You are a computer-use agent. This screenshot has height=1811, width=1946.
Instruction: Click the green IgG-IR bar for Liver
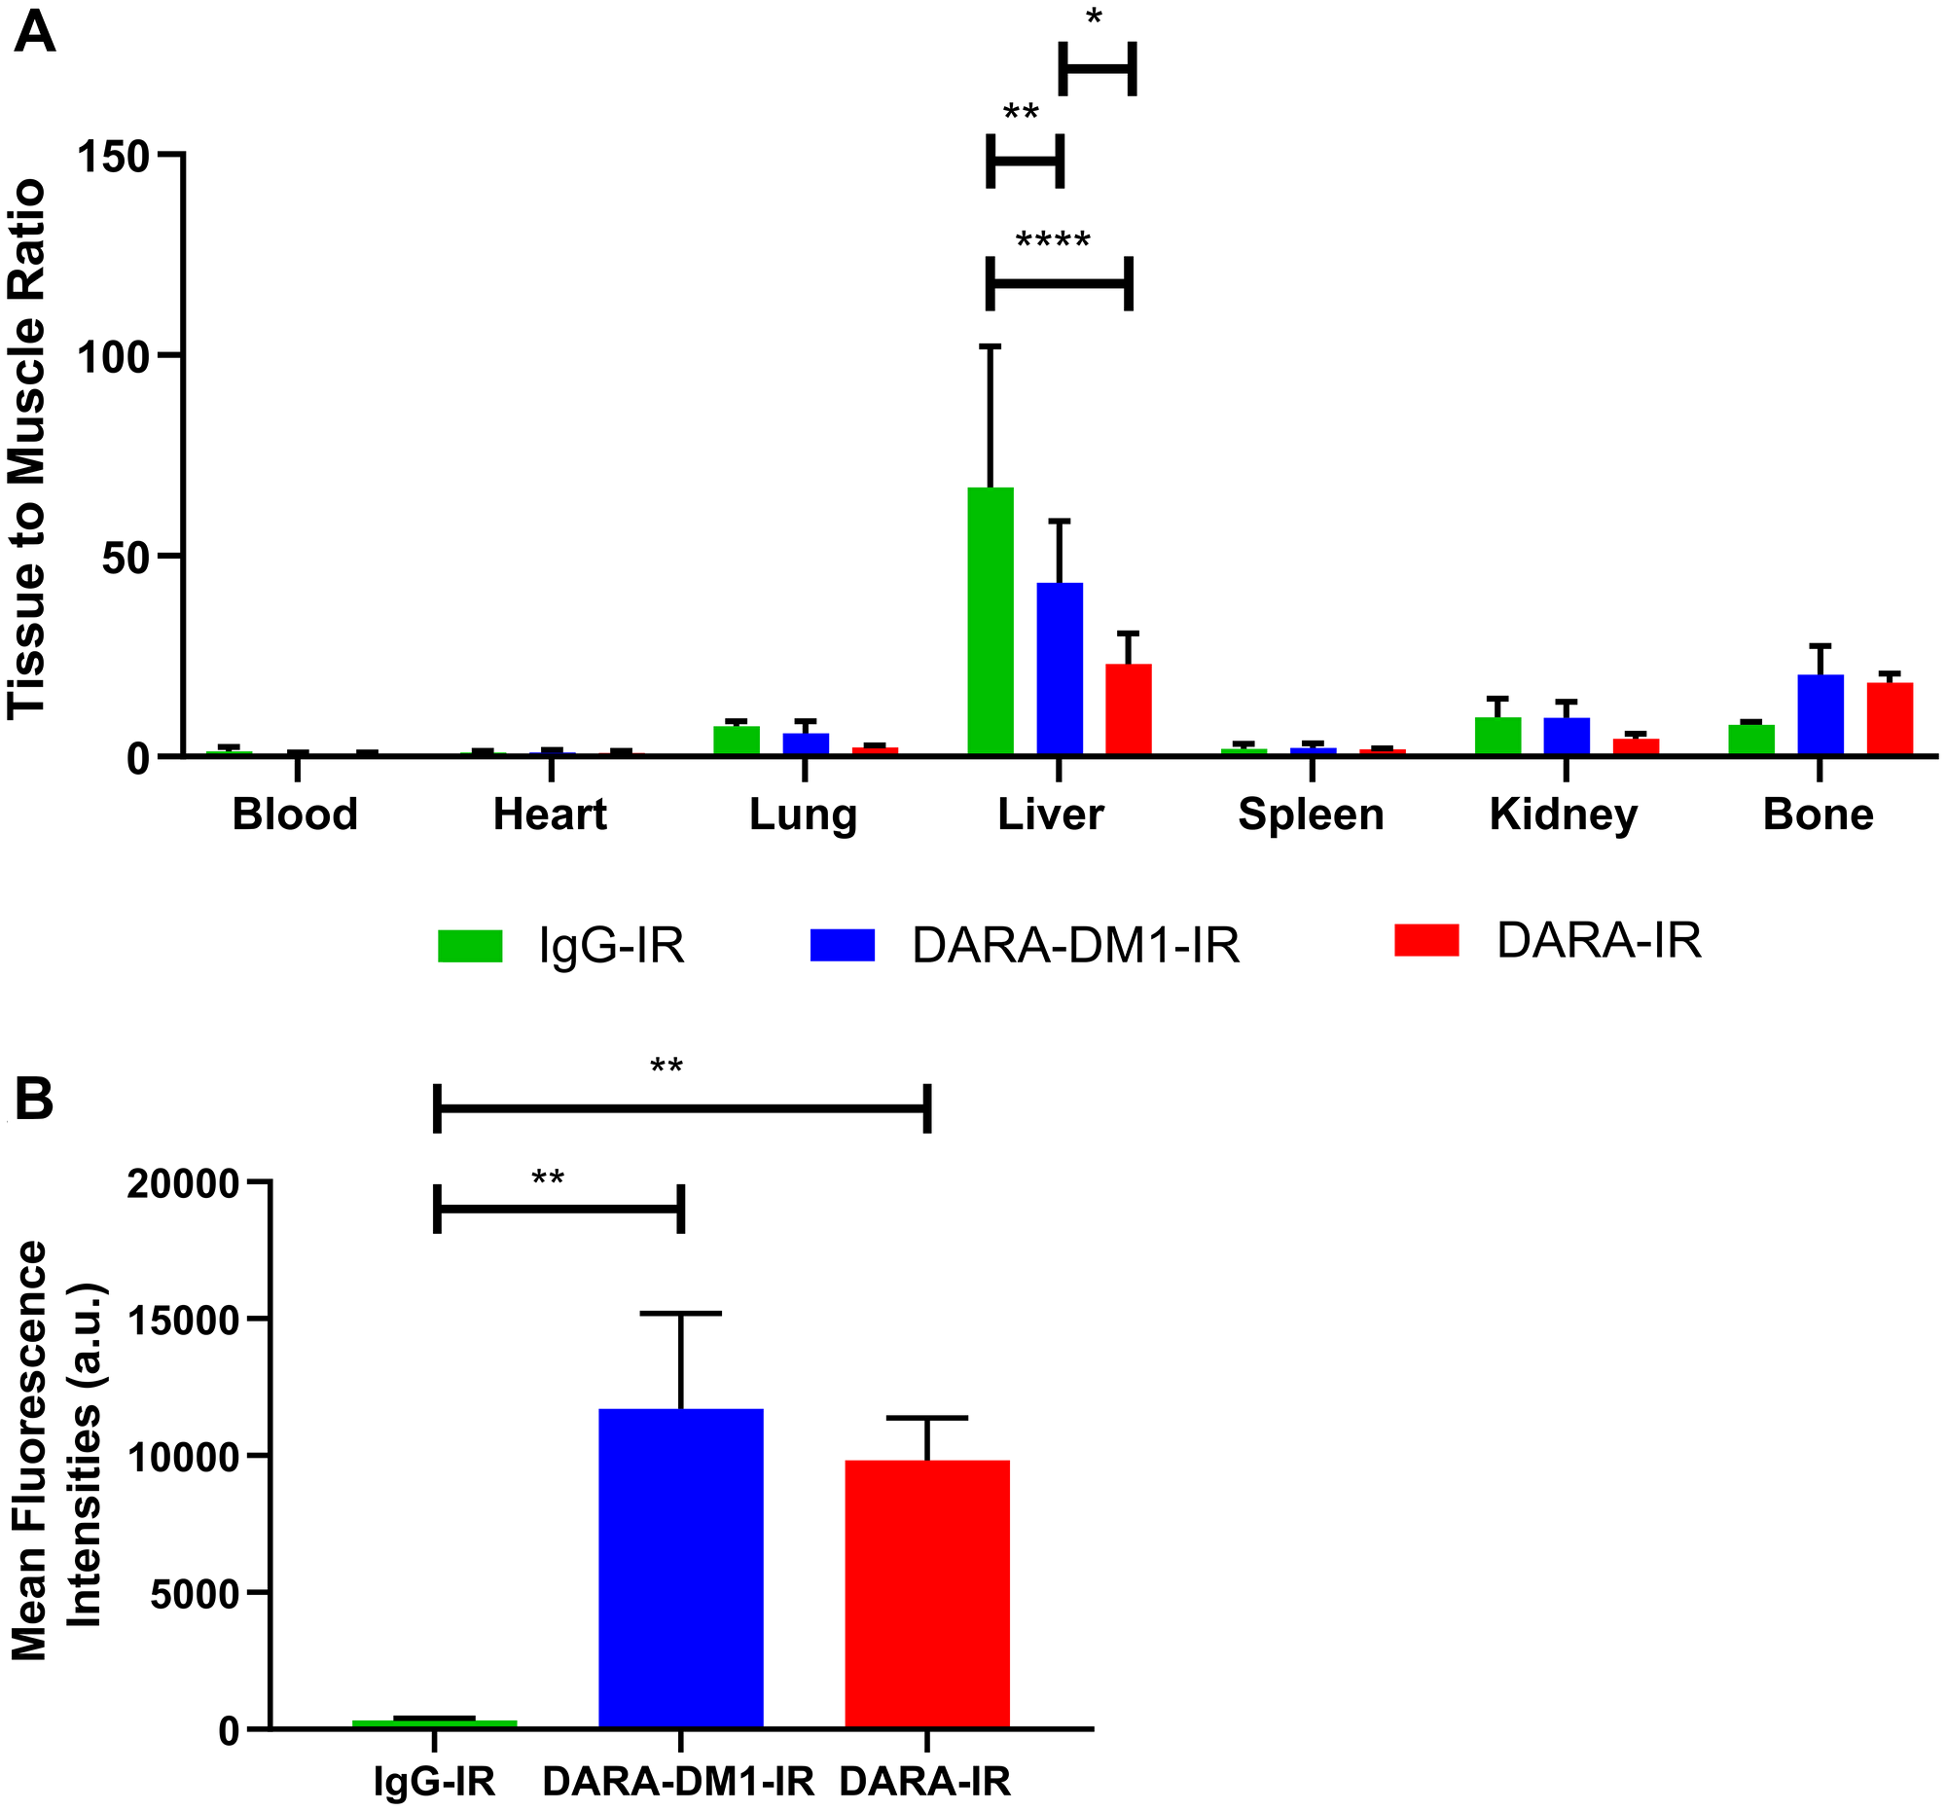(990, 621)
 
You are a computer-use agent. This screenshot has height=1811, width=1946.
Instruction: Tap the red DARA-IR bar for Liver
(1128, 708)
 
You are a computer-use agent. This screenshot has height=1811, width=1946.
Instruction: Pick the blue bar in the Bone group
(1820, 714)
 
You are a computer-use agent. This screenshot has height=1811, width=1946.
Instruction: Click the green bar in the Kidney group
(1496, 735)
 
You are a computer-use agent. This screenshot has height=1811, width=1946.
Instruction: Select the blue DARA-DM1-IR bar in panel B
(680, 1568)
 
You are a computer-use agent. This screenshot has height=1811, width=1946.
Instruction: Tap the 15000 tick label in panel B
(183, 1321)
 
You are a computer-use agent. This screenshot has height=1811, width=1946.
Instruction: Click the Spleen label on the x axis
(1310, 815)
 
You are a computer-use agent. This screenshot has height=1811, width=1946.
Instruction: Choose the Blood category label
(295, 815)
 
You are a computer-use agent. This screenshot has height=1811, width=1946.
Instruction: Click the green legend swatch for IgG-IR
(470, 946)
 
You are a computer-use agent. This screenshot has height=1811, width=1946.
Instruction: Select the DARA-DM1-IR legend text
(1075, 946)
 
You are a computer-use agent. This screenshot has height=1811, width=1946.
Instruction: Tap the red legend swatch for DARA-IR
(1425, 940)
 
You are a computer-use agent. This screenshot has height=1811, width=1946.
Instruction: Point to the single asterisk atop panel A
(1094, 18)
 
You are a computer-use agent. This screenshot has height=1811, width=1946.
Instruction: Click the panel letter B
(34, 1100)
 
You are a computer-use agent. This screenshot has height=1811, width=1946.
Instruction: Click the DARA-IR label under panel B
(925, 1781)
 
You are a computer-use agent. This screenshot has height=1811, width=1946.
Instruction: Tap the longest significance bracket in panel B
(681, 1108)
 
